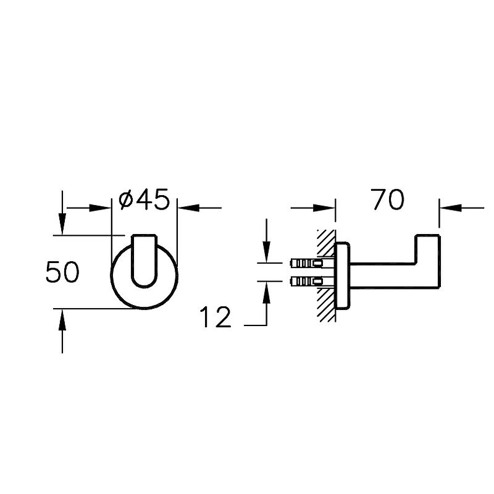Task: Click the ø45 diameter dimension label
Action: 144,199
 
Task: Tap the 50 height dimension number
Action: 62,272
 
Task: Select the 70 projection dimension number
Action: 387,199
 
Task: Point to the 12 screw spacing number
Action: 216,317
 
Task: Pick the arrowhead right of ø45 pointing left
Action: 188,208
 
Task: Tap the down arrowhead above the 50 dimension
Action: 62,224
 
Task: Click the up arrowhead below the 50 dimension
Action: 62,320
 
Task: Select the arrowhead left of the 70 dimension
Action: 324,208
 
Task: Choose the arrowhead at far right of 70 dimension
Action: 451,208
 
